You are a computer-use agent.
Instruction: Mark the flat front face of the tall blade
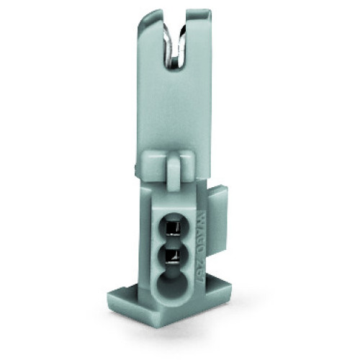pyautogui.click(x=173, y=115)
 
